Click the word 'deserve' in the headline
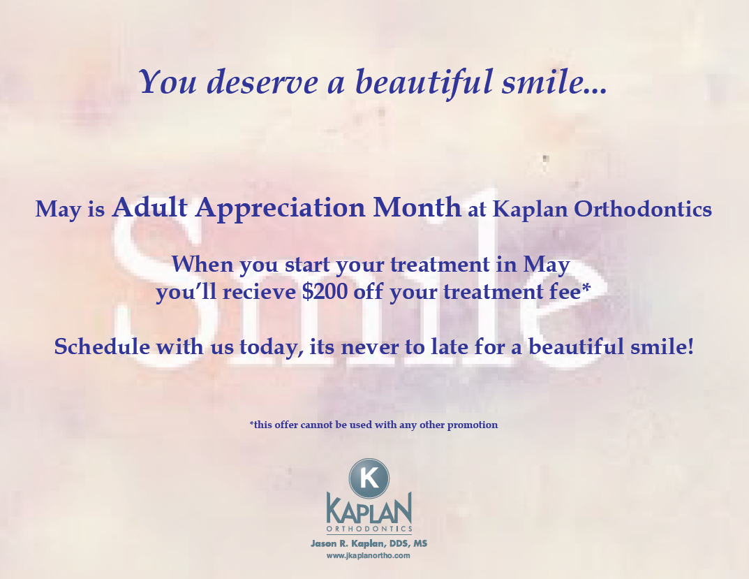(262, 82)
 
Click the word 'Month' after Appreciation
(417, 207)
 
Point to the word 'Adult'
(149, 207)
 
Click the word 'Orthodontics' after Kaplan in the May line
(643, 209)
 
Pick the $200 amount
(325, 292)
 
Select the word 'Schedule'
(102, 346)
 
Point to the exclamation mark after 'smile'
(690, 346)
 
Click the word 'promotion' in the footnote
(473, 425)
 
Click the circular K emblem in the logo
(369, 478)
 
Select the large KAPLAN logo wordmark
(369, 508)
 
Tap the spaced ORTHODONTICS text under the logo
(369, 529)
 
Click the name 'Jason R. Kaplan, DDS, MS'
(369, 543)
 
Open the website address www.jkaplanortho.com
(369, 555)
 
